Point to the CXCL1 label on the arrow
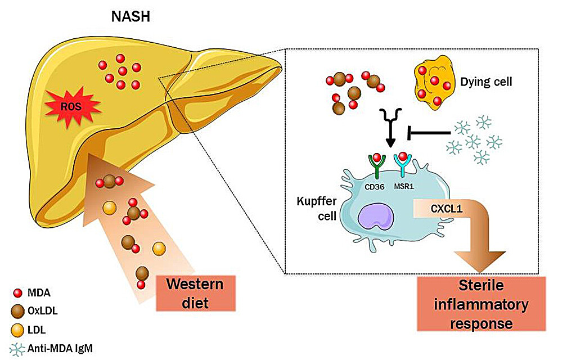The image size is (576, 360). click(x=447, y=209)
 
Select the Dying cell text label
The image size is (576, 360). click(x=487, y=81)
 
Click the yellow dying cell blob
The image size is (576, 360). click(x=434, y=85)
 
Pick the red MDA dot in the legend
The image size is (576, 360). click(x=17, y=292)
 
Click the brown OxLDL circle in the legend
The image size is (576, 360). click(x=17, y=310)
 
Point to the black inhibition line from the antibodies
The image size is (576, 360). click(x=430, y=133)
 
